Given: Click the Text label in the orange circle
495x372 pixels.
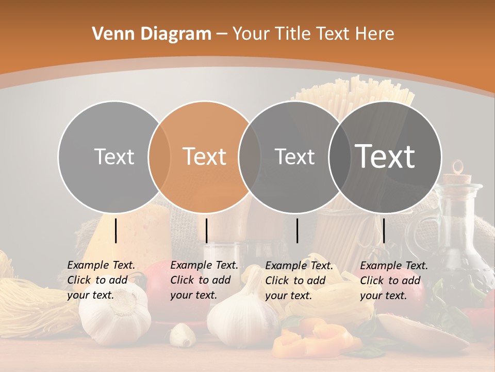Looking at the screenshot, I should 205,157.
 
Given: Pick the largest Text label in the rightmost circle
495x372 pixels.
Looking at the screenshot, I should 385,156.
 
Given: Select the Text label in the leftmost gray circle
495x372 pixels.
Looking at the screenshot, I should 114,157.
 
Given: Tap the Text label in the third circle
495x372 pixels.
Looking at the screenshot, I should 294,157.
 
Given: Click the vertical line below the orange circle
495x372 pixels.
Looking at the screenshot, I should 206,230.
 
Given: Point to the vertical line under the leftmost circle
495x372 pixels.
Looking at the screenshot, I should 116,230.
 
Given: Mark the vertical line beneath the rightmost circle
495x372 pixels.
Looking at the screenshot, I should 384,230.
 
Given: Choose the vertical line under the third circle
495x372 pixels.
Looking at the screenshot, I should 297,230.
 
